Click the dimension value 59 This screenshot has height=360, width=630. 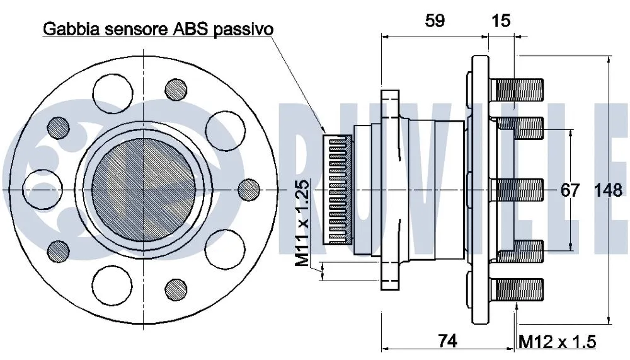click(x=434, y=20)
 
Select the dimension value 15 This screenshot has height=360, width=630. click(x=501, y=20)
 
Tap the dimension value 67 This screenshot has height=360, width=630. click(x=570, y=190)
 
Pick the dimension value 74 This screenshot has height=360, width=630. click(x=447, y=340)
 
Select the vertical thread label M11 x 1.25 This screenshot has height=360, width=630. click(x=303, y=223)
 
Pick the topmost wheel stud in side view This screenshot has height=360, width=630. click(x=518, y=90)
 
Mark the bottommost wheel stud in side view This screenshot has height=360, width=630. click(x=518, y=289)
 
